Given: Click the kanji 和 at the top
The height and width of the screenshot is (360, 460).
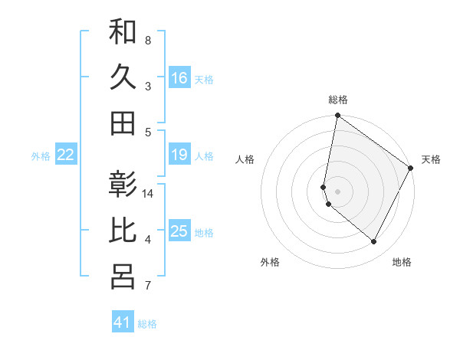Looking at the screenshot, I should tap(123, 32).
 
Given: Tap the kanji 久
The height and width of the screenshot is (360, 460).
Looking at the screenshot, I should tap(123, 77).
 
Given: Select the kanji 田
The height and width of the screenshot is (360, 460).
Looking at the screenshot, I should tap(123, 123).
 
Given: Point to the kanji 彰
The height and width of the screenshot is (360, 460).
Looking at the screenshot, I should tap(123, 186).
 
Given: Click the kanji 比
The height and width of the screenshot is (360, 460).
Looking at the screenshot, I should tap(123, 231).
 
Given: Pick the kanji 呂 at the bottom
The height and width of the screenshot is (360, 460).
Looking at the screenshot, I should tap(123, 277).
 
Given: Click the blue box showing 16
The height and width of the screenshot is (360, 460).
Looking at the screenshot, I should tap(179, 77).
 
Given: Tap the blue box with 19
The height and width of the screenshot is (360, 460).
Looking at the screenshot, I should tap(179, 155).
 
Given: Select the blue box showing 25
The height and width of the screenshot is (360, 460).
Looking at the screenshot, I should tap(179, 231).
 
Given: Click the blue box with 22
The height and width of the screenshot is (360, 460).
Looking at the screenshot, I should tap(66, 155).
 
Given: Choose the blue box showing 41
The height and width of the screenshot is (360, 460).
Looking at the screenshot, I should tap(123, 322).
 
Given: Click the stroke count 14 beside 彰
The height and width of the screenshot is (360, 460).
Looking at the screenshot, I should tap(148, 194).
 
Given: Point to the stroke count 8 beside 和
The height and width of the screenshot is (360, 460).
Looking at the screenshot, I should tap(148, 40).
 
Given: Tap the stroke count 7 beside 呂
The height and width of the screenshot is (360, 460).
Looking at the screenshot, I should tap(148, 286).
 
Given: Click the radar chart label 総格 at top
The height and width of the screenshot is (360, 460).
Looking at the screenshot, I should tap(338, 100).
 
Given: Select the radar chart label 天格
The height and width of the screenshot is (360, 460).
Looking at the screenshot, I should tap(431, 159).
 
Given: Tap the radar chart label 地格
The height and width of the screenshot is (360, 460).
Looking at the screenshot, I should tap(402, 262).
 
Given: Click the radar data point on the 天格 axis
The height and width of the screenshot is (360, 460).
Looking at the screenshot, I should tap(411, 168).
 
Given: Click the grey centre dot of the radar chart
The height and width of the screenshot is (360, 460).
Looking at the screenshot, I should tap(338, 191).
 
